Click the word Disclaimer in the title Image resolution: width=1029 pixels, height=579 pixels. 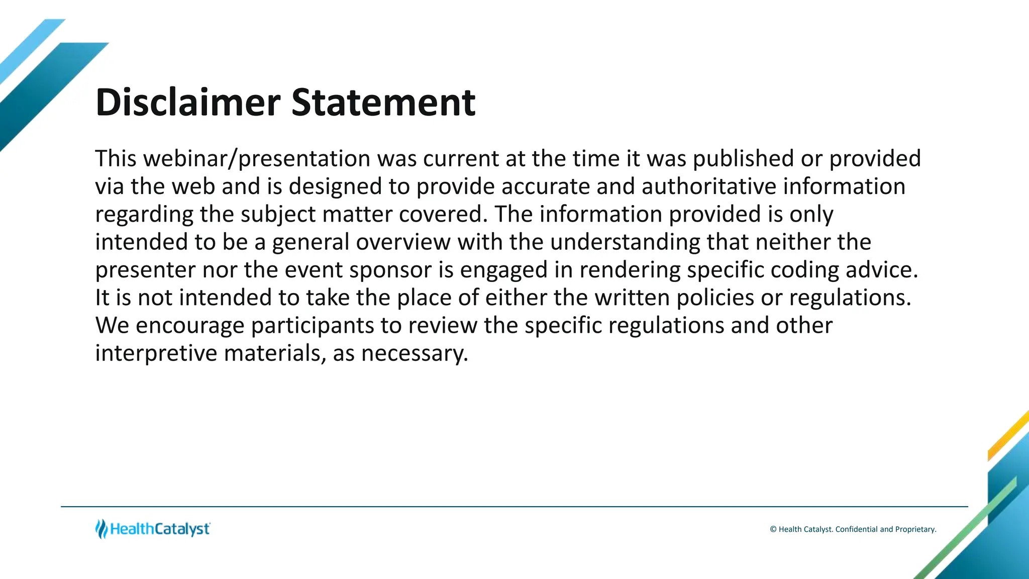pyautogui.click(x=187, y=103)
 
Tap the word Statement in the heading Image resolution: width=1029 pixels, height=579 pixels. pyautogui.click(x=383, y=103)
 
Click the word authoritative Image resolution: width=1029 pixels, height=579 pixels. pyautogui.click(x=708, y=186)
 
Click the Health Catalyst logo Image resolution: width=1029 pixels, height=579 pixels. pyautogui.click(x=153, y=529)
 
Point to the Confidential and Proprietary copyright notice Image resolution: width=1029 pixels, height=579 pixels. pyautogui.click(x=853, y=529)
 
